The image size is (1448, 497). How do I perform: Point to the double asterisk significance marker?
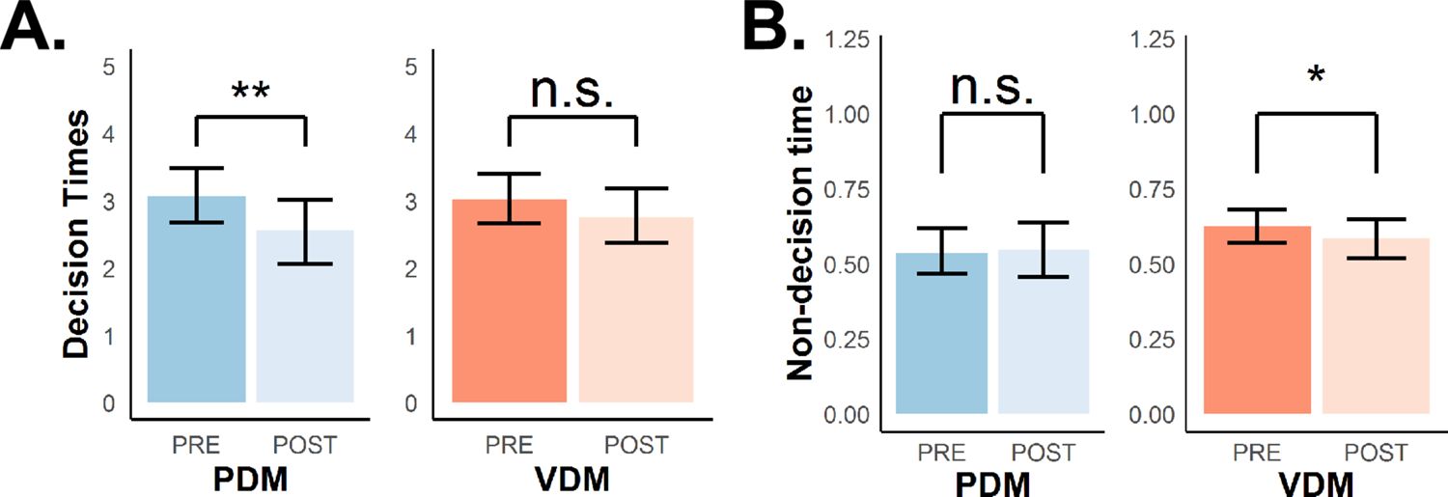point(250,93)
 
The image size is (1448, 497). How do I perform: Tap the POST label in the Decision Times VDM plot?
point(635,445)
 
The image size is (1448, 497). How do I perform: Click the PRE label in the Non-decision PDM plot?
point(941,452)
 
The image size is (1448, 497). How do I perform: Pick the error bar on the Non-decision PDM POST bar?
point(1044,250)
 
